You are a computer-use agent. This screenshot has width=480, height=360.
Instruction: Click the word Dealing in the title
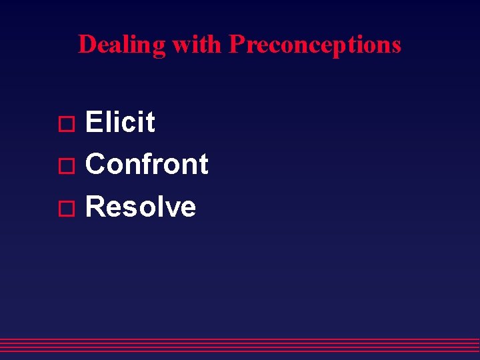click(122, 45)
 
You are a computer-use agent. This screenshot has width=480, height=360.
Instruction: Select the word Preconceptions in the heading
click(315, 45)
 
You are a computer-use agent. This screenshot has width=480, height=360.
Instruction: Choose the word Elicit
click(121, 123)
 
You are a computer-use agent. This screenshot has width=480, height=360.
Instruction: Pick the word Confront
click(147, 165)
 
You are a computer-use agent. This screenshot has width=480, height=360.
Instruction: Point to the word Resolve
click(141, 207)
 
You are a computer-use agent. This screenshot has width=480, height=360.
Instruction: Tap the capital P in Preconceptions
click(236, 45)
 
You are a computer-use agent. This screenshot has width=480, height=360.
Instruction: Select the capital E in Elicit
click(94, 123)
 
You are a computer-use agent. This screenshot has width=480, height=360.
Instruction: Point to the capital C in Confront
click(96, 165)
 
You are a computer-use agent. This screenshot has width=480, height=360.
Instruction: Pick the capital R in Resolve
click(96, 207)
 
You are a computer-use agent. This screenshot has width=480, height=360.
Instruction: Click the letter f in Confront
click(150, 164)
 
